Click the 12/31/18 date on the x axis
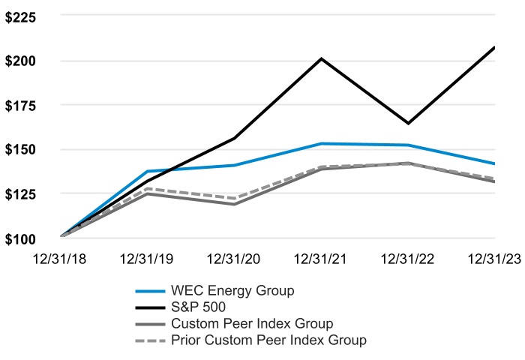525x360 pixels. pyautogui.click(x=61, y=259)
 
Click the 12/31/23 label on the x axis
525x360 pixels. pyautogui.click(x=493, y=259)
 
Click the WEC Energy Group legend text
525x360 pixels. pyautogui.click(x=232, y=290)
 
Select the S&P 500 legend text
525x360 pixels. pyautogui.click(x=198, y=307)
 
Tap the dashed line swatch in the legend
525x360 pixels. pyautogui.click(x=150, y=340)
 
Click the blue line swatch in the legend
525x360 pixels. pyautogui.click(x=150, y=290)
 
